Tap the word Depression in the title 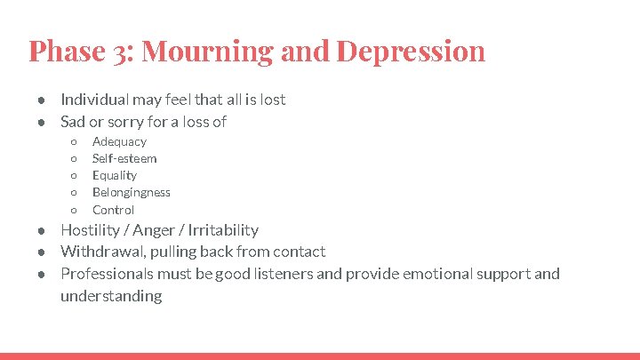pos(411,51)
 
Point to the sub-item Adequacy pos(119,141)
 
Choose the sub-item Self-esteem pos(124,158)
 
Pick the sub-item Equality pos(115,175)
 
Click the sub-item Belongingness pos(132,192)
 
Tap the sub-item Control pos(114,210)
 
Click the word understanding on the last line pos(111,295)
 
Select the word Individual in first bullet pos(93,100)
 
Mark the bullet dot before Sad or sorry pos(42,122)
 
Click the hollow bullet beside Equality pos(74,176)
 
